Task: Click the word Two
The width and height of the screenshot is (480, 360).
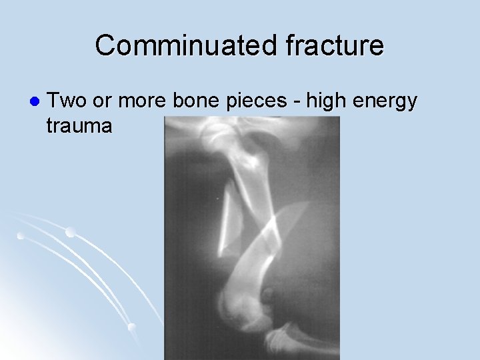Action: [x=70, y=101]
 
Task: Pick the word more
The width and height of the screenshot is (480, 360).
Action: [x=146, y=102]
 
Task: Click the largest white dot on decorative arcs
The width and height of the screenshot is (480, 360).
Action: [x=70, y=233]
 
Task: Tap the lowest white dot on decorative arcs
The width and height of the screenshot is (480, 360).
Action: [x=131, y=327]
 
